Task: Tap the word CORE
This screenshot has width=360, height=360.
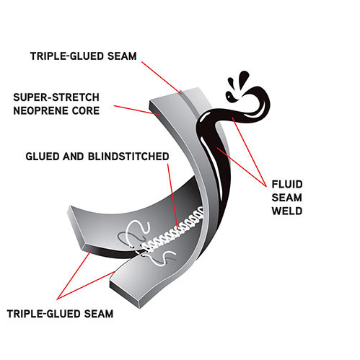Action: (x=86, y=111)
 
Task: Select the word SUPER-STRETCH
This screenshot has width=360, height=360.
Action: (x=56, y=97)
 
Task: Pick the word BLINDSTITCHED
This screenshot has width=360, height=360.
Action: (x=128, y=157)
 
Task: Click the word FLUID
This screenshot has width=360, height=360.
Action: (x=287, y=185)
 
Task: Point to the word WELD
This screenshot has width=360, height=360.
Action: (x=287, y=211)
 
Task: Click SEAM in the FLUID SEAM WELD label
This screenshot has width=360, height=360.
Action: (x=287, y=198)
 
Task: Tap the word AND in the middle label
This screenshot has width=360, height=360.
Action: (x=74, y=157)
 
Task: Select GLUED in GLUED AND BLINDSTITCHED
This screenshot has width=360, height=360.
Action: (x=43, y=157)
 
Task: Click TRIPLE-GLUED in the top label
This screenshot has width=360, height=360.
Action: (x=67, y=56)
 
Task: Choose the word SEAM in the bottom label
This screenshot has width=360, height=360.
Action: (x=99, y=314)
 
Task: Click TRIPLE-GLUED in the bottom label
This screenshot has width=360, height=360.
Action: (x=44, y=314)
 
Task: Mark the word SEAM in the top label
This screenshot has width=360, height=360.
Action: (x=122, y=56)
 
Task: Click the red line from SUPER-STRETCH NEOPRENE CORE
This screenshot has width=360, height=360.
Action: (x=136, y=110)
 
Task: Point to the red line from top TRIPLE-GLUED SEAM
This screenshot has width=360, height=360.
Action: (x=162, y=78)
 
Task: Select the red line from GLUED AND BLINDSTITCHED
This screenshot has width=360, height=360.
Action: (x=172, y=196)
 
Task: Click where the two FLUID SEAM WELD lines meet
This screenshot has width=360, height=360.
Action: (x=266, y=186)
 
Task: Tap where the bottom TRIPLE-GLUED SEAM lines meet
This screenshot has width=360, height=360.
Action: (x=57, y=299)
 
